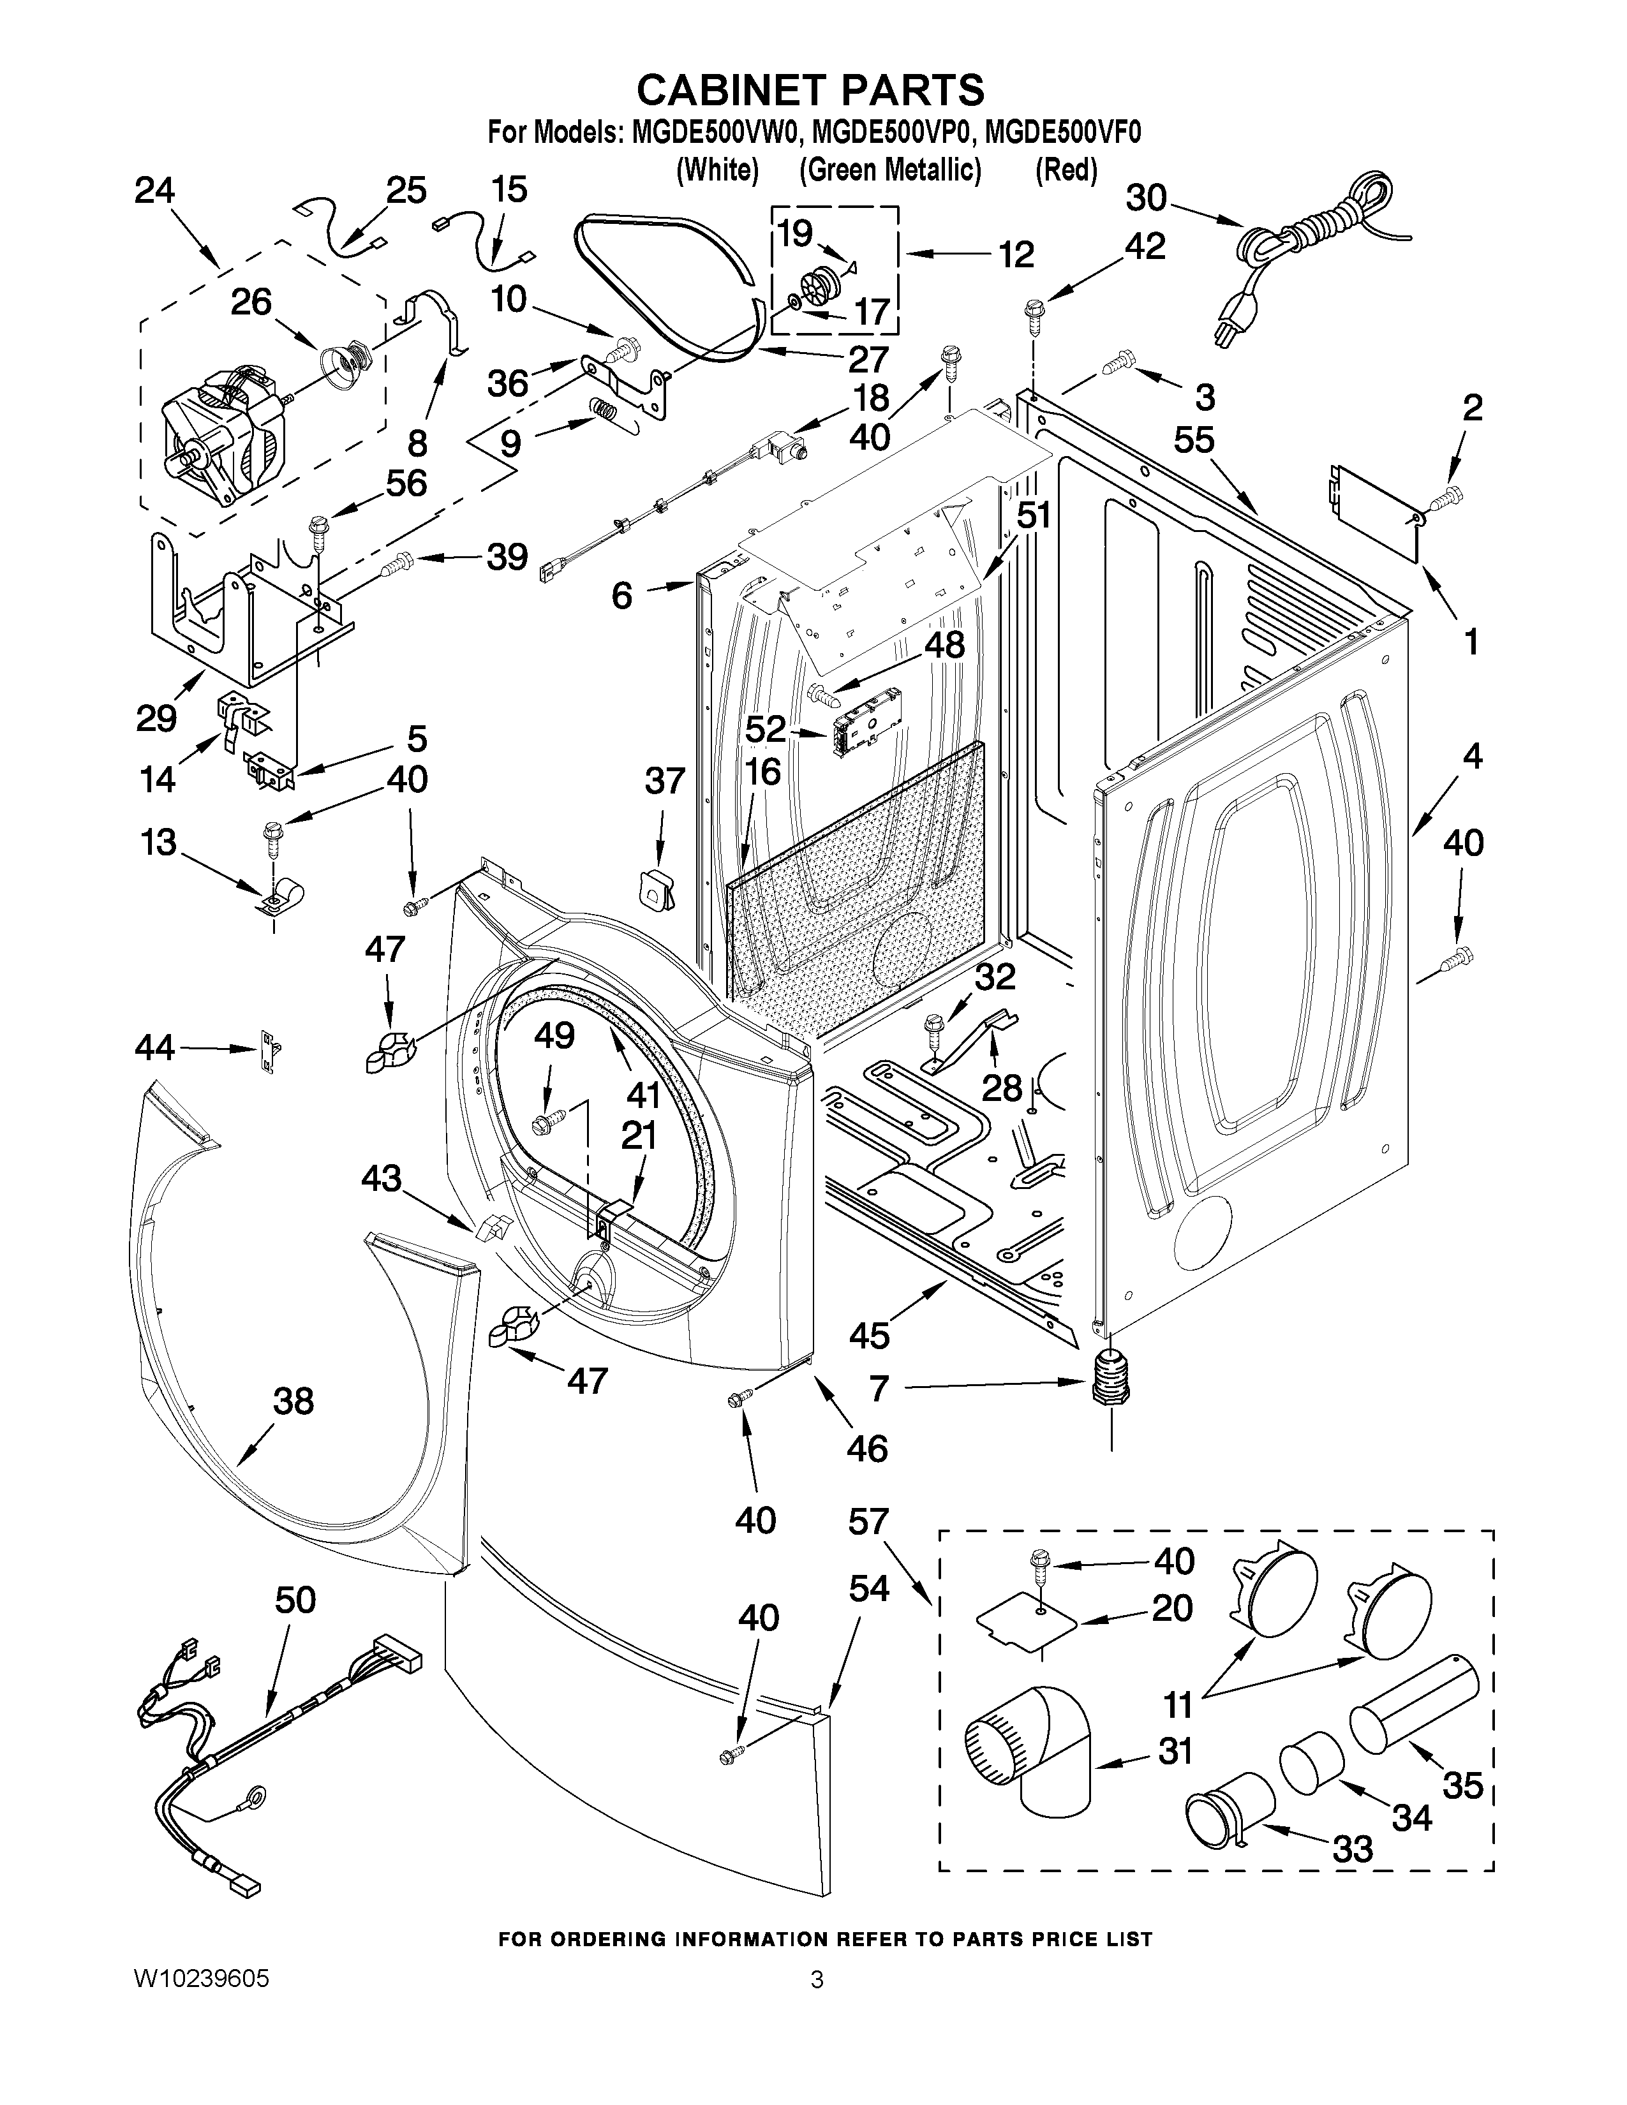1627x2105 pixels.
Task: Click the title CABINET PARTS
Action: tap(810, 90)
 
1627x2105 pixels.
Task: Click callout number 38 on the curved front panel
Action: tap(293, 1401)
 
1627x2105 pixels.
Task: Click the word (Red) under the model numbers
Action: tap(1066, 170)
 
